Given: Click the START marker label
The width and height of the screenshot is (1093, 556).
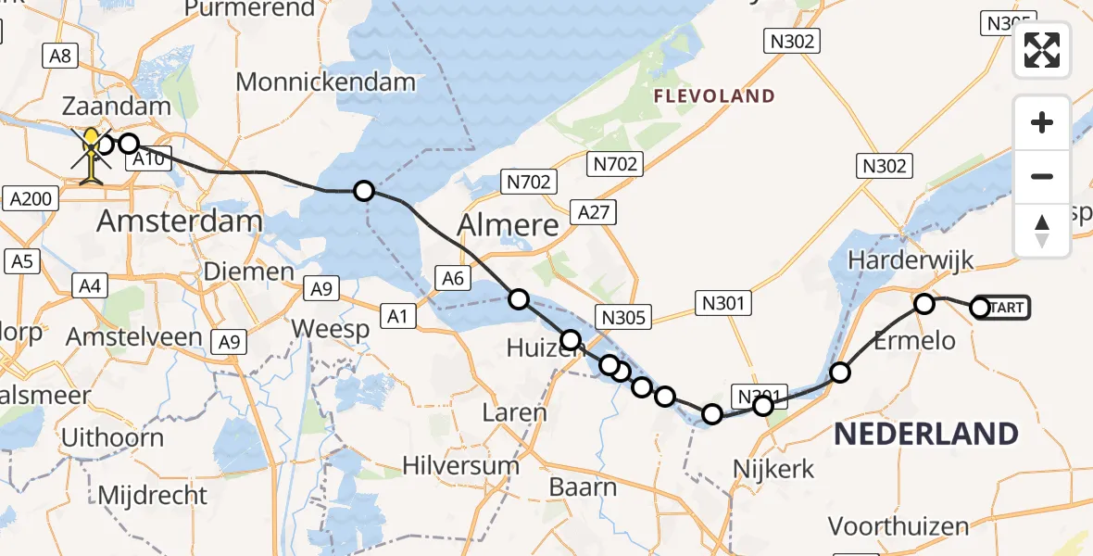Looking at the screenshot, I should coord(1008,308).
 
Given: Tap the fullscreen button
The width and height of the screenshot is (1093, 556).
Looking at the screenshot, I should coord(1042,50).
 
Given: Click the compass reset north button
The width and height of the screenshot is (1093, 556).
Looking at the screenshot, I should coord(1042,230).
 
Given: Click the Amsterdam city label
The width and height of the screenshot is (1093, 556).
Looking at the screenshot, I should coord(180,221).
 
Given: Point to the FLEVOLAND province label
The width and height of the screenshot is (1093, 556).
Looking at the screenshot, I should coord(714,95).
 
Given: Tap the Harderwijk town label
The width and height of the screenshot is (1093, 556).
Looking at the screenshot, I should coord(911,259).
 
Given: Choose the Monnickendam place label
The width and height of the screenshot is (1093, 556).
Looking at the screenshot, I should coord(325,82).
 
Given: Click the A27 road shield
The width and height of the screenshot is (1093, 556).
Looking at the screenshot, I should coord(593,213).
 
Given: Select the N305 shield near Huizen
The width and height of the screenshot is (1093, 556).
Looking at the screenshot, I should coord(623,318).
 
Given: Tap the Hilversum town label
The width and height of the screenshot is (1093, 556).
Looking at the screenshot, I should coord(460,465).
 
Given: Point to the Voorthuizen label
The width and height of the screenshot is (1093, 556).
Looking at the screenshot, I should coord(898,526).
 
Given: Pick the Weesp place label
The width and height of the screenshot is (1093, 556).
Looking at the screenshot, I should coord(331,329).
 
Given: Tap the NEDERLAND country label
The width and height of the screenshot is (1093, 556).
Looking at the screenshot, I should coord(926,434).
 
